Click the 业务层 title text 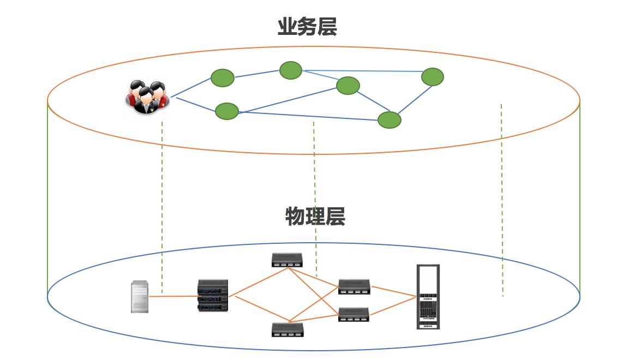coord(307,27)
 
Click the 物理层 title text coord(315,217)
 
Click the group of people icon coord(146,98)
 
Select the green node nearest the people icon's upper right coord(223,77)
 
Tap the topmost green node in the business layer coord(291,70)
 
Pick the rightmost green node coord(433,77)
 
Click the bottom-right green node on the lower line coord(390,119)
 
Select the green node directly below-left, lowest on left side coord(227,111)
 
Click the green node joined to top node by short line coord(348,86)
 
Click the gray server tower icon coord(140,297)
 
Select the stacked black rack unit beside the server coord(213,295)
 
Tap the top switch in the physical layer coord(287,260)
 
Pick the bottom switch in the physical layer coord(287,329)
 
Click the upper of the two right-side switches coord(354,286)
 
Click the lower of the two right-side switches coord(354,314)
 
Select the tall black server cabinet coord(428,297)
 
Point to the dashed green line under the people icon coord(162,207)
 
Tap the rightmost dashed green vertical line coord(502,202)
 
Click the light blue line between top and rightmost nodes coord(363,71)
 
